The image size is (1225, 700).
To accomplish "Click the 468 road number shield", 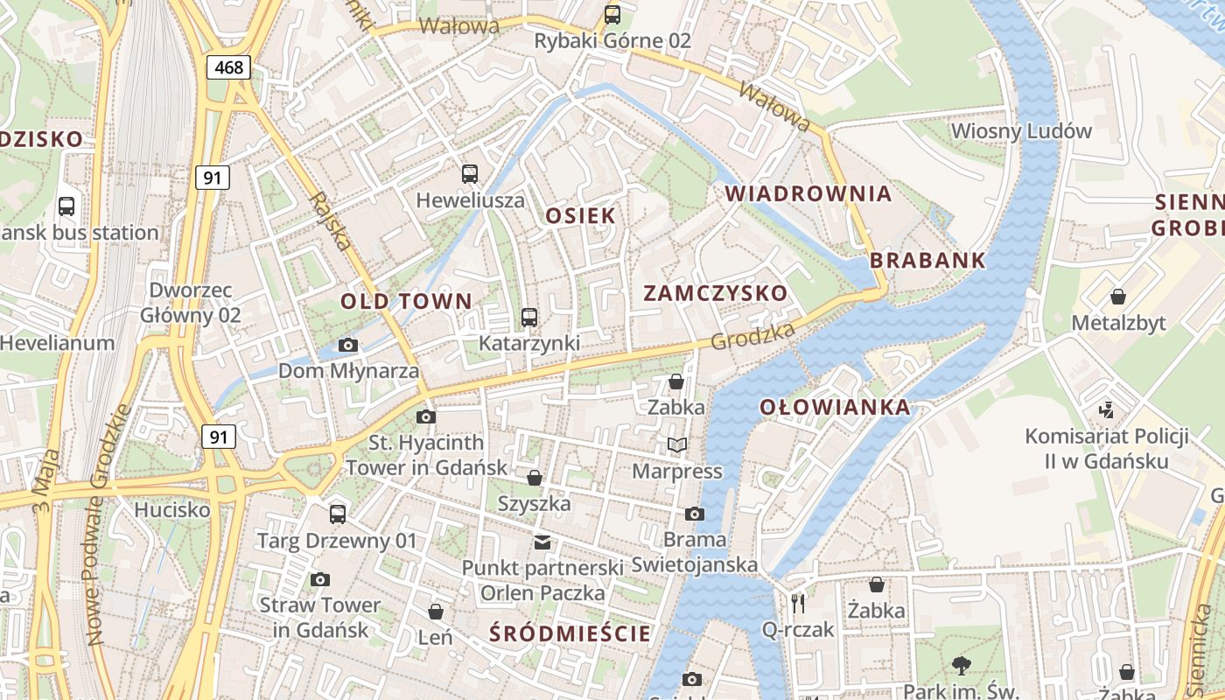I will pyautogui.click(x=229, y=67).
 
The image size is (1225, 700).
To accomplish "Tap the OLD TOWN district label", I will pyautogui.click(x=406, y=302).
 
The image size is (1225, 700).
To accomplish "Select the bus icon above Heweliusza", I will pyautogui.click(x=470, y=173).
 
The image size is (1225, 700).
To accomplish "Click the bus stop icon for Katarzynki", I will pyautogui.click(x=529, y=317).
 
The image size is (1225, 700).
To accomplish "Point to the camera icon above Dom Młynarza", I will pyautogui.click(x=347, y=346).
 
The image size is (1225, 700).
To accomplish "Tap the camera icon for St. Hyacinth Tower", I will pyautogui.click(x=426, y=416).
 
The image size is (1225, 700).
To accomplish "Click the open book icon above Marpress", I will pyautogui.click(x=676, y=445).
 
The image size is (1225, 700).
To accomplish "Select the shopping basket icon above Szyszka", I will pyautogui.click(x=534, y=478).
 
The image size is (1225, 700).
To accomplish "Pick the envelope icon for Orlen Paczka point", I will pyautogui.click(x=542, y=542).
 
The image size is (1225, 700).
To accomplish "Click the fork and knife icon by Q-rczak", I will pyautogui.click(x=797, y=603).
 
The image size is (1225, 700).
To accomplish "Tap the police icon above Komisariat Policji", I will pyautogui.click(x=1106, y=409).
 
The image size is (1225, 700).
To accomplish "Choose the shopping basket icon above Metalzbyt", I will pyautogui.click(x=1117, y=297).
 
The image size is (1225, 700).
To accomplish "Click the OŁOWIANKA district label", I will pyautogui.click(x=835, y=407).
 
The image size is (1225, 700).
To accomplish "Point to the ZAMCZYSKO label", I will pyautogui.click(x=716, y=293).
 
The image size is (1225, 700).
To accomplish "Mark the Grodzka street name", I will pyautogui.click(x=752, y=336).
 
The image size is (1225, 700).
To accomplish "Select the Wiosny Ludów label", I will pyautogui.click(x=1021, y=131).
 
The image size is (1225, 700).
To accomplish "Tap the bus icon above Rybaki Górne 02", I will pyautogui.click(x=612, y=15).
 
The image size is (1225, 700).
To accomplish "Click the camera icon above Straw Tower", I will pyautogui.click(x=319, y=579).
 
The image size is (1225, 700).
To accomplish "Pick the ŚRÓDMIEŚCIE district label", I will pyautogui.click(x=570, y=633).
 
